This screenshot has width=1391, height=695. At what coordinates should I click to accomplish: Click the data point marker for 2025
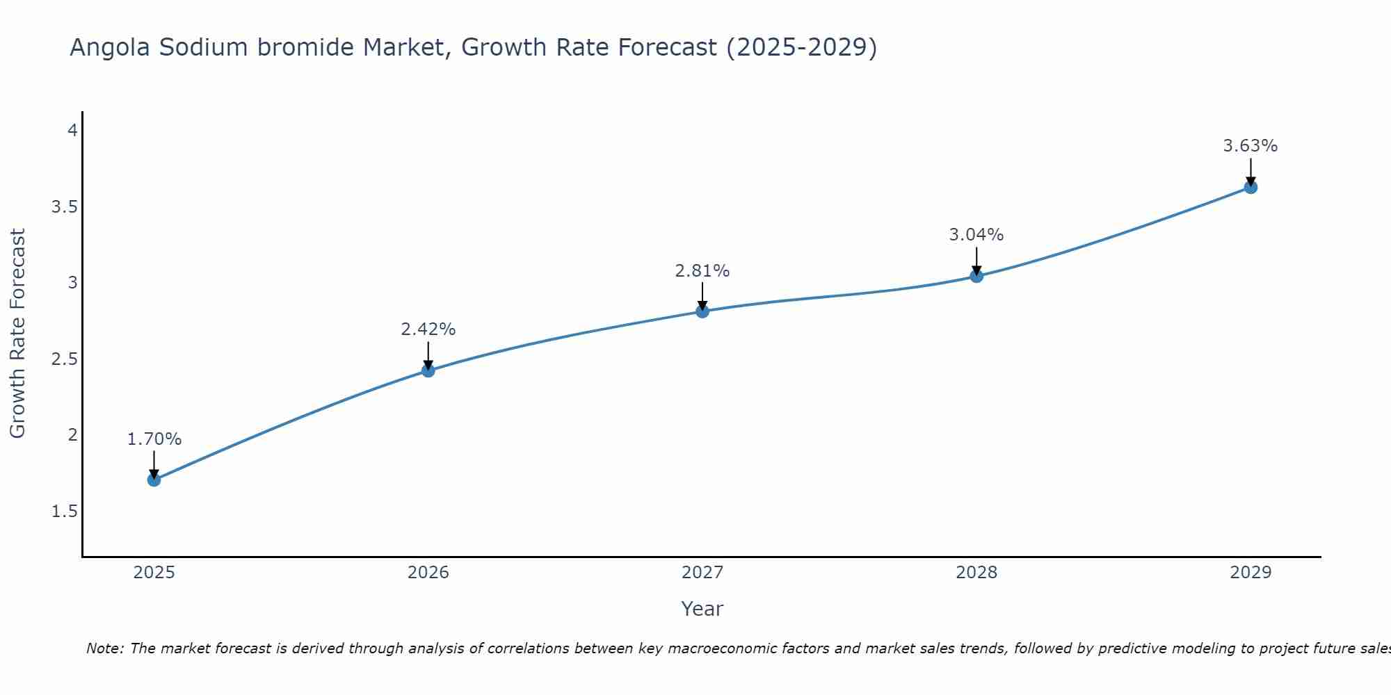154,480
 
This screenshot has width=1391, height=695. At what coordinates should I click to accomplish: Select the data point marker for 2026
428,370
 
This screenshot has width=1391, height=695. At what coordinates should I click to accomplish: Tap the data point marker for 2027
702,311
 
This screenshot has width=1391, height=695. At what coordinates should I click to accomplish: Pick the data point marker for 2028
976,276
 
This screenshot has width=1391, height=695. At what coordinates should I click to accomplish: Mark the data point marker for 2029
1251,187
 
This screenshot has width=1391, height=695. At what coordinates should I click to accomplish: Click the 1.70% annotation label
154,439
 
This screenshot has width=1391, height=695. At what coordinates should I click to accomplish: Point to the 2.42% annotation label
428,329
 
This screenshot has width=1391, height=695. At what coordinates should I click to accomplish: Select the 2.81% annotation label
702,271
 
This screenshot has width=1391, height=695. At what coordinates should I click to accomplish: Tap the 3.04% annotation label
976,235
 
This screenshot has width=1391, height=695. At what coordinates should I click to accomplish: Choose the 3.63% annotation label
1251,146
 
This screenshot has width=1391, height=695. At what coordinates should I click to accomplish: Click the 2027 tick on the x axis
702,573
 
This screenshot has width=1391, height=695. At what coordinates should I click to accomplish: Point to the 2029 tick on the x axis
1251,573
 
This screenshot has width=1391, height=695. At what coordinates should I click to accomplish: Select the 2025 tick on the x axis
154,573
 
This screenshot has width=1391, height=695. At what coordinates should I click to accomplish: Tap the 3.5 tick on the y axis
64,207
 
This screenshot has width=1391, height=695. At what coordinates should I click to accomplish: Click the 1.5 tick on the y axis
64,512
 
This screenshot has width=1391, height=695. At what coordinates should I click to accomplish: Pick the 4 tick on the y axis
72,131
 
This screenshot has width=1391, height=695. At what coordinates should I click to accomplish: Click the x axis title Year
702,609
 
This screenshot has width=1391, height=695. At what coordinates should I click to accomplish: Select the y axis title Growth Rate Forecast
17,334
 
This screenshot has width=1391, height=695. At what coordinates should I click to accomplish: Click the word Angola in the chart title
110,47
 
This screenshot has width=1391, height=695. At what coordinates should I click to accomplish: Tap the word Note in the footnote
104,648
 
